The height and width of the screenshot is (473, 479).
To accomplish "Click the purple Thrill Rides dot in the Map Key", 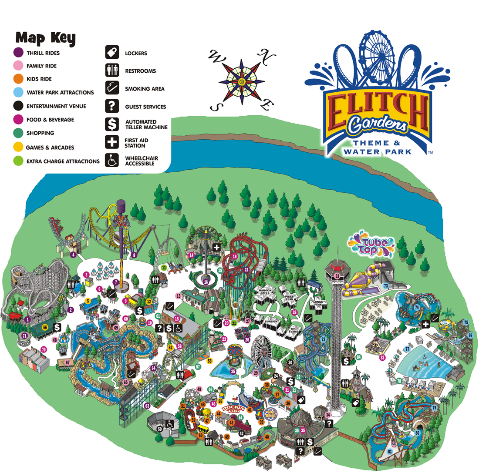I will pos(18,53).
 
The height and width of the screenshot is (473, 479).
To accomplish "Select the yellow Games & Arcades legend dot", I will pos(18,148).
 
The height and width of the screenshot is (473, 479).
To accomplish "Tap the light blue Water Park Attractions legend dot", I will pos(18,92).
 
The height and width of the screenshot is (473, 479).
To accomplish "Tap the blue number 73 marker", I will pos(385,285).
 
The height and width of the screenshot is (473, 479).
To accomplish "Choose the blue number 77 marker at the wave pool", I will pos(407,349).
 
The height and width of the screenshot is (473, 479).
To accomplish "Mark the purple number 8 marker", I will pos(134,255).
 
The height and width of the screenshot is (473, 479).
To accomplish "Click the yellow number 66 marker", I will pos(44,327).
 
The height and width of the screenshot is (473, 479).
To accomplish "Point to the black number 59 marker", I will pos(160,429).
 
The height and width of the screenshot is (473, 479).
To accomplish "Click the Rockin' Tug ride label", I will pos(231,409).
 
